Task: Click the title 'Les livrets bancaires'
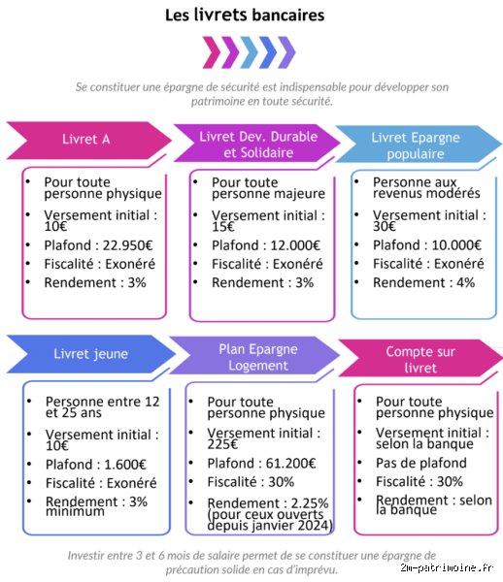245,16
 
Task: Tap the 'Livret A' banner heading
85,139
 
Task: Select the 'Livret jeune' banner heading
90,354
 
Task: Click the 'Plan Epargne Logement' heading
258,357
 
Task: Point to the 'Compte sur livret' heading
420,360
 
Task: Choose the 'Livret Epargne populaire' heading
416,145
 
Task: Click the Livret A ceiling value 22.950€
127,245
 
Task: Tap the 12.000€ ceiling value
295,245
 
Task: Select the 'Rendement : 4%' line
424,282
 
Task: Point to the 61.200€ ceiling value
290,464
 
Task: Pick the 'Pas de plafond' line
421,463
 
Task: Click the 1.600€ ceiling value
125,465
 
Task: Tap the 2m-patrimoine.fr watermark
447,567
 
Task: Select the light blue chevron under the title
249,52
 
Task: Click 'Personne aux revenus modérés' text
426,188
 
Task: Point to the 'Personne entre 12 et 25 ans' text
102,407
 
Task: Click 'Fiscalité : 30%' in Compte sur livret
419,481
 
